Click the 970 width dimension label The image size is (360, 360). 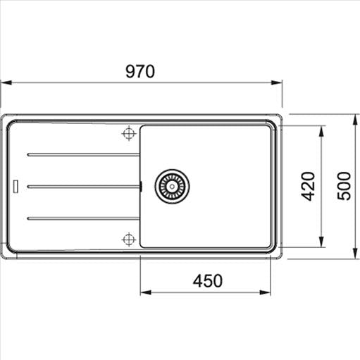[139, 71]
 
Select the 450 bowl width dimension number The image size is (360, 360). [207, 280]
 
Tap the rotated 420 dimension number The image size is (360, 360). [309, 186]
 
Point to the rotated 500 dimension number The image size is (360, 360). [343, 186]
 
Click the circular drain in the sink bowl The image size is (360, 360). [172, 186]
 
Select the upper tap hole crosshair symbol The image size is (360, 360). [128, 132]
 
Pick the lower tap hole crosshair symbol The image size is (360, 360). [128, 240]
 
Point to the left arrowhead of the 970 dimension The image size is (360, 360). [4, 82]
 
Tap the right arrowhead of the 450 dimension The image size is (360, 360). [268, 292]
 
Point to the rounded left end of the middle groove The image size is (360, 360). [28, 186]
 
